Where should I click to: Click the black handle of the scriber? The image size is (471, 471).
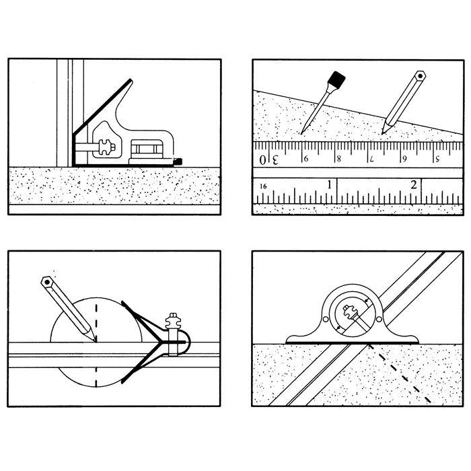point(336,79)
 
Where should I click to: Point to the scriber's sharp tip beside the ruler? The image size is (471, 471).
point(301,133)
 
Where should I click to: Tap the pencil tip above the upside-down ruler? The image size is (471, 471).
point(382,133)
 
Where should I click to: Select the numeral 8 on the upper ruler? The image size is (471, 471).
point(339,159)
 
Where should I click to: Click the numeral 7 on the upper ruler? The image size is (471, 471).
point(372,159)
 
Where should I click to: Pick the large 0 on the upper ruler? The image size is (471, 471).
point(262,159)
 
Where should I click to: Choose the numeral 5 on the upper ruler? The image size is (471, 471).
point(437,158)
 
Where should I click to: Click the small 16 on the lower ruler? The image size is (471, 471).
point(263,186)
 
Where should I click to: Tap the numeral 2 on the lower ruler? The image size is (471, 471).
point(414,184)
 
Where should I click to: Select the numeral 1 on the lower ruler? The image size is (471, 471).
point(330,184)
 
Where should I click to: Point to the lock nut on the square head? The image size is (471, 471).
point(106,147)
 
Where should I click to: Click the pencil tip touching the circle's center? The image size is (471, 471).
point(96,341)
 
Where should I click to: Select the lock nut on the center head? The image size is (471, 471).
point(173,321)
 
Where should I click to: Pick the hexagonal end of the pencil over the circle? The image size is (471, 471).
point(46,282)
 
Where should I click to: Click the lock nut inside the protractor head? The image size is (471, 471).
point(349,311)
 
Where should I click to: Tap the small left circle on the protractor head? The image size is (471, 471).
point(326,319)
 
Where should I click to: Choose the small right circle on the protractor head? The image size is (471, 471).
point(379,319)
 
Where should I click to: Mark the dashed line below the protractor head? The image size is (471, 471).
point(399,373)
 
